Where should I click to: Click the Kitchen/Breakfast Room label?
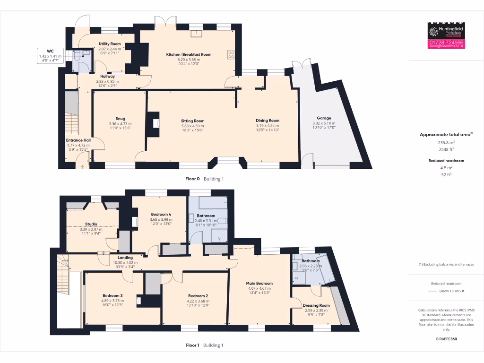tap(189, 54)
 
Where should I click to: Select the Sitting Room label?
tap(193, 121)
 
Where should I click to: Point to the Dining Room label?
tap(268, 121)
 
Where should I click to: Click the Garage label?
tap(324, 118)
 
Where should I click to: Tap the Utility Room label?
tap(110, 43)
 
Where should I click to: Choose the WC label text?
tap(50, 51)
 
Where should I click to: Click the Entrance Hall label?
tap(78, 140)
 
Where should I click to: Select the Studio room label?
tap(91, 224)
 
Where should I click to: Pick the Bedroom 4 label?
tap(160, 214)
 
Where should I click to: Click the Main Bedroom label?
tap(259, 283)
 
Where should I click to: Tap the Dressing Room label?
tap(317, 305)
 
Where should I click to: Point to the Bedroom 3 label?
tap(112, 295)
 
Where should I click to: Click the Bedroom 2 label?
tap(197, 295)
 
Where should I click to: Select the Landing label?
tap(125, 258)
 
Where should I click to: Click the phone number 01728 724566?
tap(447, 42)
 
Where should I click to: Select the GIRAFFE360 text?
tap(446, 339)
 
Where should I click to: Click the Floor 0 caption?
tap(192, 179)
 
